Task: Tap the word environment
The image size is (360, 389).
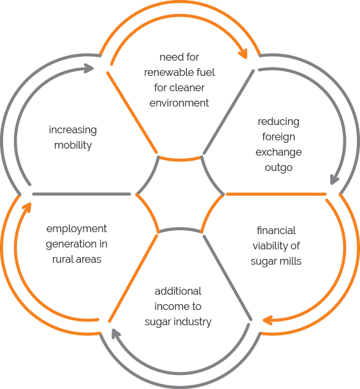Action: (x=179, y=103)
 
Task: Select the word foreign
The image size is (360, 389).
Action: (x=278, y=137)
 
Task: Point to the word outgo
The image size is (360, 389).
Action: (x=278, y=168)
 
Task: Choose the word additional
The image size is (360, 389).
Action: (x=178, y=291)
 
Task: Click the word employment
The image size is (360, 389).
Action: (x=76, y=229)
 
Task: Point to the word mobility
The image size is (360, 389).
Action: (x=73, y=145)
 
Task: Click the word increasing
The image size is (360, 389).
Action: (x=73, y=130)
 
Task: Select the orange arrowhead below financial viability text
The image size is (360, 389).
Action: (x=268, y=320)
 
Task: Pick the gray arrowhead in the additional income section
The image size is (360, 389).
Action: (x=115, y=334)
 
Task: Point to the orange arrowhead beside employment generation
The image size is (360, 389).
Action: (x=27, y=207)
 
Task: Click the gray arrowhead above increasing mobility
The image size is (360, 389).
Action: (x=89, y=68)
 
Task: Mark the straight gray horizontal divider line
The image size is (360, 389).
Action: (x=82, y=194)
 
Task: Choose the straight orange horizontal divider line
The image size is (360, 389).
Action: (x=276, y=194)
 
